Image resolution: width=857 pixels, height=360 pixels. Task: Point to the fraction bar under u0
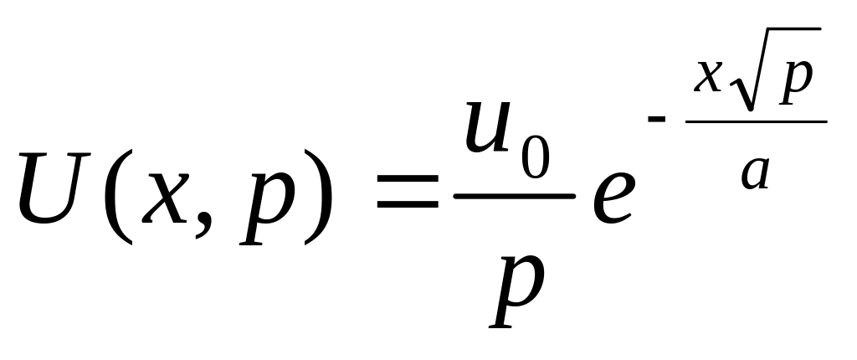click(x=513, y=197)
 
